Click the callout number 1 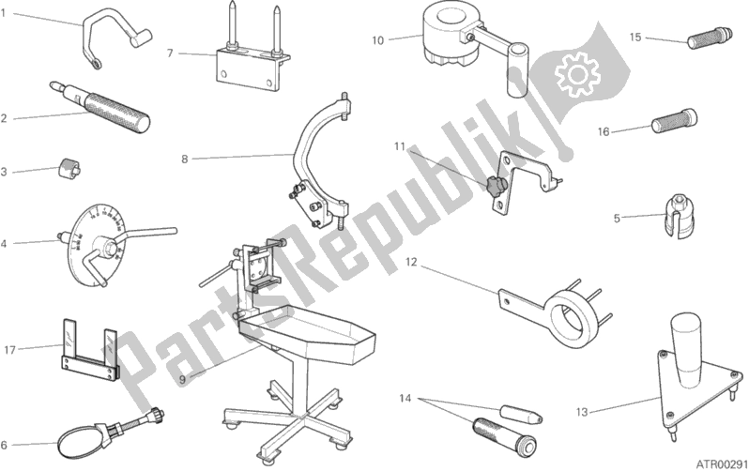click(x=3, y=13)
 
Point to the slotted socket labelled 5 click(x=678, y=216)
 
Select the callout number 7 click(x=170, y=53)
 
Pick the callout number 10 click(x=377, y=40)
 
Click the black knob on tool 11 click(x=496, y=185)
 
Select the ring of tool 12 click(x=573, y=320)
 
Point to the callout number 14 click(x=405, y=398)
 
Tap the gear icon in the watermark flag click(x=577, y=74)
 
